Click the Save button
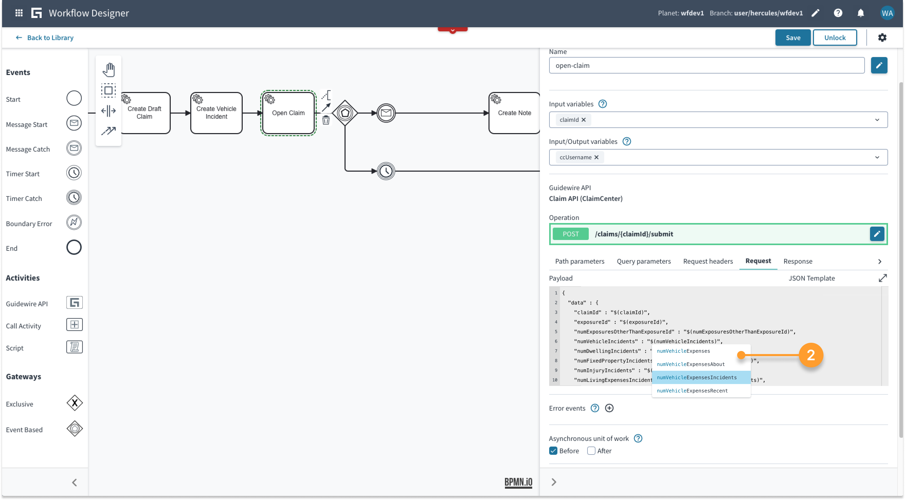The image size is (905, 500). point(793,38)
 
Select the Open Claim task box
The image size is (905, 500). point(288,113)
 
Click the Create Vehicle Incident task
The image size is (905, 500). point(216,113)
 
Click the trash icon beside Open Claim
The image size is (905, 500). point(326,121)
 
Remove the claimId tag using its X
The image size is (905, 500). point(584,120)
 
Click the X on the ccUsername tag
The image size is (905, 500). point(596,157)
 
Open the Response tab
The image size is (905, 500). point(798,261)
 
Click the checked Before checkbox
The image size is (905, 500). point(553,451)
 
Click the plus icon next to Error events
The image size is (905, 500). point(609,408)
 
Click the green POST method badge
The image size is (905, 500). point(571,234)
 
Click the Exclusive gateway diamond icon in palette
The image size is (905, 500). point(75,403)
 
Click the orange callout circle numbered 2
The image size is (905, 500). point(811,355)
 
